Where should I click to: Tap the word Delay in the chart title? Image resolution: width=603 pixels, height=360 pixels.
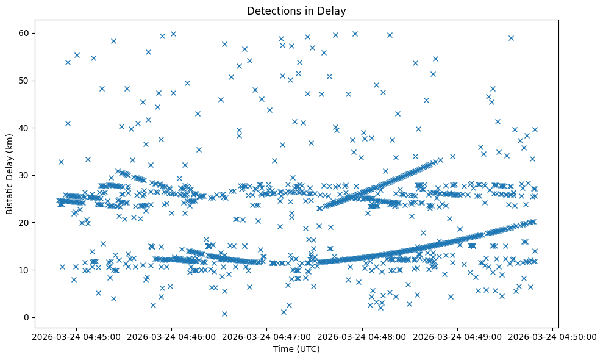click(x=334, y=11)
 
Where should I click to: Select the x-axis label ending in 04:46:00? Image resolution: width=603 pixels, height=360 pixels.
click(x=171, y=336)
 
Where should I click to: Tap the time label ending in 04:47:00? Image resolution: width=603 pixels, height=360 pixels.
click(x=266, y=336)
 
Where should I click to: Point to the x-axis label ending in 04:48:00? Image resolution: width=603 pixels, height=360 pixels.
click(x=362, y=336)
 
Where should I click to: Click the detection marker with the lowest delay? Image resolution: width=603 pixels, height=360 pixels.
click(x=224, y=314)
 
